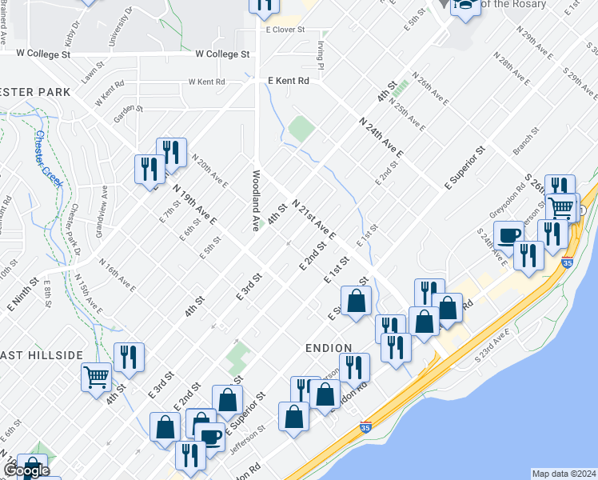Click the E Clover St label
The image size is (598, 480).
click(285, 30)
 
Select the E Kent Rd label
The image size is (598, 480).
click(288, 81)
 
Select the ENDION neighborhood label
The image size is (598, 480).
click(329, 348)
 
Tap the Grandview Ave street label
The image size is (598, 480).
click(102, 204)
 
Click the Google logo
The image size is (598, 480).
click(26, 471)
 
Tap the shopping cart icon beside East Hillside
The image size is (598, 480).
click(96, 376)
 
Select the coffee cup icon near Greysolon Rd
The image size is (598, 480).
click(508, 235)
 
